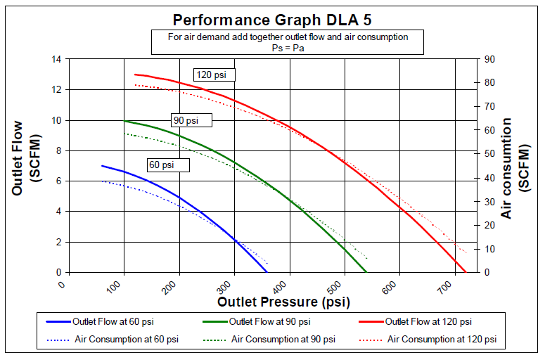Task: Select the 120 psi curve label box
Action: [214, 75]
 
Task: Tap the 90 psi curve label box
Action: [191, 120]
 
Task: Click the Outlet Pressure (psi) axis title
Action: [283, 302]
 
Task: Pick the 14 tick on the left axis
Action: [57, 59]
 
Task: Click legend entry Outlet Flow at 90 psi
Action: [267, 321]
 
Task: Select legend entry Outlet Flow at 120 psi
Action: [425, 321]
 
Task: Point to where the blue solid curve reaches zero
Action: [267, 272]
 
